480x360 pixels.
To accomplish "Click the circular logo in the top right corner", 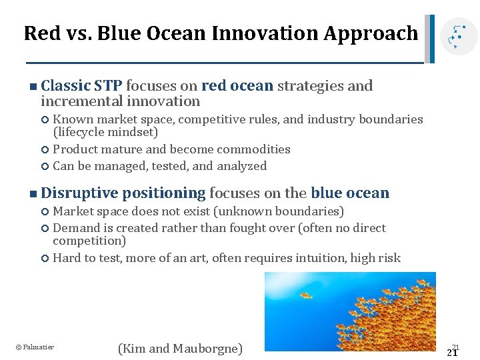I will point(459,36).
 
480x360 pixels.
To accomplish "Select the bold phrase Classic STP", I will point(81,85).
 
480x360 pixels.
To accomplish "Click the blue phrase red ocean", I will point(237,85).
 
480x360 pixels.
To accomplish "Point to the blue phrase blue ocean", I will point(350,193).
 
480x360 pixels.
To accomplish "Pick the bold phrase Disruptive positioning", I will point(123,193).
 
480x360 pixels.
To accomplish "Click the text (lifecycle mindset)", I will point(105,132).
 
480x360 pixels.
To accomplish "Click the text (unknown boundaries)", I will point(288,211).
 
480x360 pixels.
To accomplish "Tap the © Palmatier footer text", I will point(35,347).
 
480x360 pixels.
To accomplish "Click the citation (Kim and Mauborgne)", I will point(180,348).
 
